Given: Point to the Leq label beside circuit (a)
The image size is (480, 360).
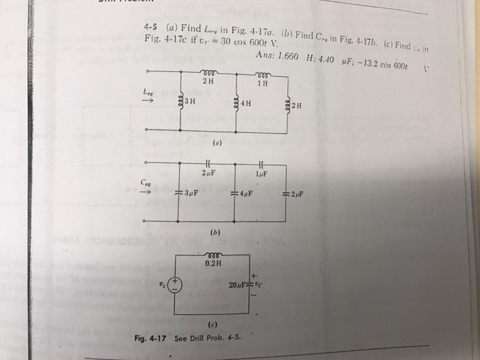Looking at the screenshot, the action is (x=148, y=89).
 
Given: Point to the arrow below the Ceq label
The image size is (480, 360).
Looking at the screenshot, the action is (x=145, y=192).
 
